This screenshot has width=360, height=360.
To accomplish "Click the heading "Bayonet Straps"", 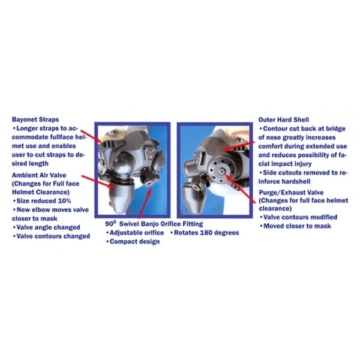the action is [x=35, y=119].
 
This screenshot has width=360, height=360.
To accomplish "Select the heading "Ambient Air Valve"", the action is [x=39, y=175].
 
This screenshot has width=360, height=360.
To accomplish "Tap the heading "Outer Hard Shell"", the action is [x=284, y=119].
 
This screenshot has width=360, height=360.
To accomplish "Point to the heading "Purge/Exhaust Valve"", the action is [x=291, y=193].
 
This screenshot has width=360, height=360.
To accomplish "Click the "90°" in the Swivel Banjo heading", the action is [x=110, y=223].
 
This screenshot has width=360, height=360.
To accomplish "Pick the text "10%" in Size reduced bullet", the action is [x=65, y=201].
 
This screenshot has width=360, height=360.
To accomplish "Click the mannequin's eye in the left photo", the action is [x=114, y=132].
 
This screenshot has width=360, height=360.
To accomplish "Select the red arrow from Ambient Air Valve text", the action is [x=98, y=182].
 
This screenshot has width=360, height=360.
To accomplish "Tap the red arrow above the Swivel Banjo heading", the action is [x=145, y=203].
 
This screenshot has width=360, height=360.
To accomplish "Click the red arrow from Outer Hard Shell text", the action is [x=239, y=146].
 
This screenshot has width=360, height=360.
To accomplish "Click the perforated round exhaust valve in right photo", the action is [x=221, y=170].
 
